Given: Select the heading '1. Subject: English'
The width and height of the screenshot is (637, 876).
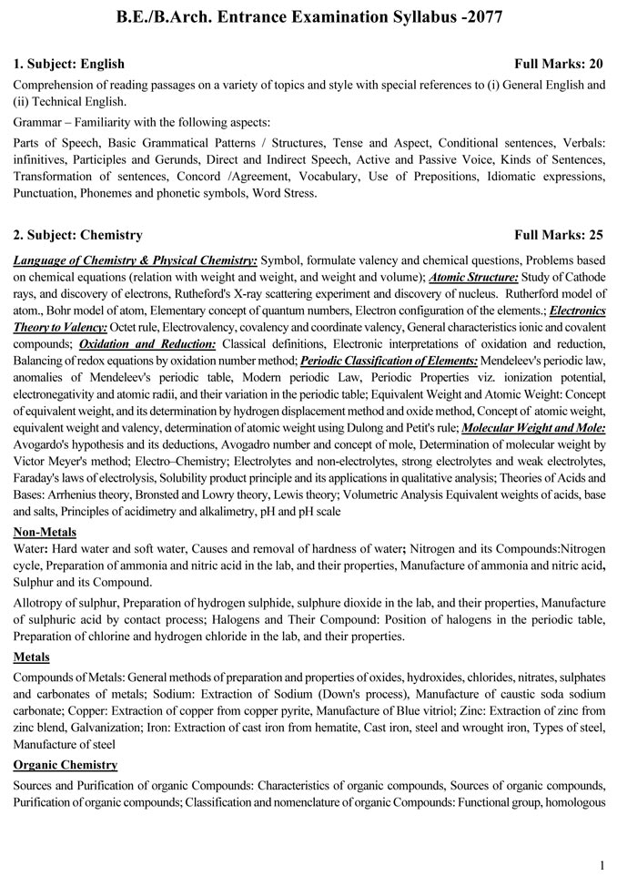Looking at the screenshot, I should tap(69, 64).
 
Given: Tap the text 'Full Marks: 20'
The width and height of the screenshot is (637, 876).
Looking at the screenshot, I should tap(559, 64).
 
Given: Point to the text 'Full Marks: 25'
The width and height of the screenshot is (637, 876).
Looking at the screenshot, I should tap(559, 235).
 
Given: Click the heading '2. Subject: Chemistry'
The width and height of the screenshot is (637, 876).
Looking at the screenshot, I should tap(78, 235).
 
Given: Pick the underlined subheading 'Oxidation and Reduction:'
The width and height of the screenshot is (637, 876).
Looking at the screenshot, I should tap(147, 343).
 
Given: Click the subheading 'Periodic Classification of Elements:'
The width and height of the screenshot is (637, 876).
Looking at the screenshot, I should tap(389, 360).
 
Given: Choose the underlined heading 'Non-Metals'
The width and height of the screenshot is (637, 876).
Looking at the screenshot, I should tap(45, 532).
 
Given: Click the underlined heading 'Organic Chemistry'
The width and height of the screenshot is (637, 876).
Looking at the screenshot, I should tap(66, 765).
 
